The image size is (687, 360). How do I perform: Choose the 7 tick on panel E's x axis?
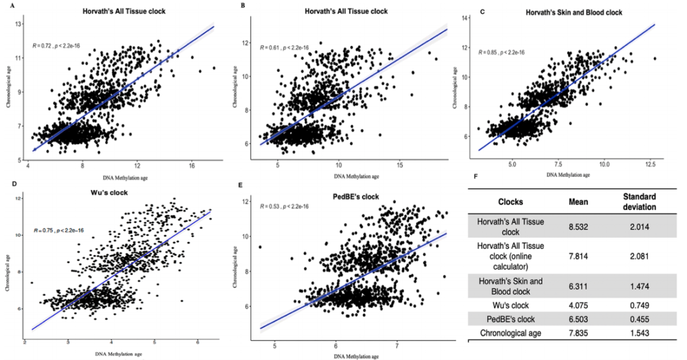(x=397, y=345)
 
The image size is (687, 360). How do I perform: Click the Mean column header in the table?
(x=578, y=201)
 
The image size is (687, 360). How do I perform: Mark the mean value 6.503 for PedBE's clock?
(x=578, y=319)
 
